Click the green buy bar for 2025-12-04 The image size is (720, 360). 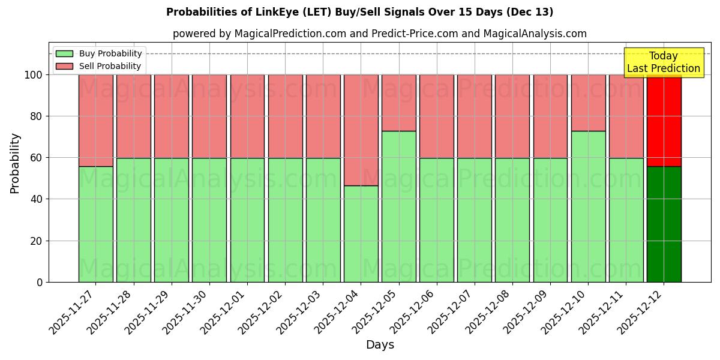pos(361,233)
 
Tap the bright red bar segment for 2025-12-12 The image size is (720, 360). pos(664,120)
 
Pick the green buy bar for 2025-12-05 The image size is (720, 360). pos(399,206)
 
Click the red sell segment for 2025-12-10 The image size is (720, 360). pos(588,103)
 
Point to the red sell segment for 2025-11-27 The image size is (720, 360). pos(96,120)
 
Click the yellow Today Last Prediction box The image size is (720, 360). pos(664,62)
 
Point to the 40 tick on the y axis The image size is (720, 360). pos(37,199)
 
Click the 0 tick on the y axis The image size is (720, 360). pos(40,282)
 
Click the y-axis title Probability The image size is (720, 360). pos(15,163)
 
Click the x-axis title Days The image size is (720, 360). pos(380,345)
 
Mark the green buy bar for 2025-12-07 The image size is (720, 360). pos(475,220)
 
